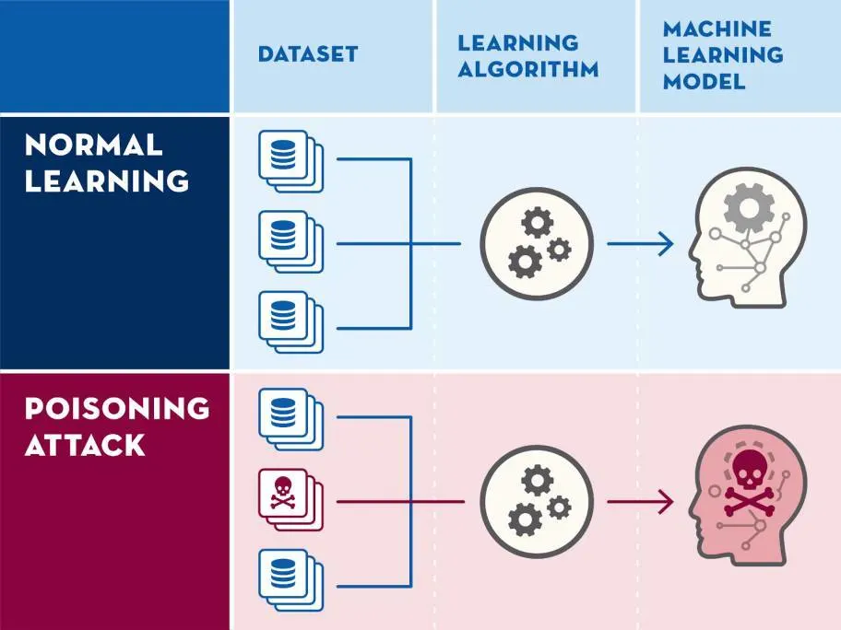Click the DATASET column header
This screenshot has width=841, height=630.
307,54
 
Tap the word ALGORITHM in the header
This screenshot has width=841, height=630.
528,69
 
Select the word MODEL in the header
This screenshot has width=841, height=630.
704,81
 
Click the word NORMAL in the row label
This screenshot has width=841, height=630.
94,144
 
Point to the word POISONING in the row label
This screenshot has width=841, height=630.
117,407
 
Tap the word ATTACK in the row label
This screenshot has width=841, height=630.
85,446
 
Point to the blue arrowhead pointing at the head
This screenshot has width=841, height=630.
666,244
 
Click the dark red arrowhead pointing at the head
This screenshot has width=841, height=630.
666,502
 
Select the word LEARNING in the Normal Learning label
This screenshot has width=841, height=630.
107,181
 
